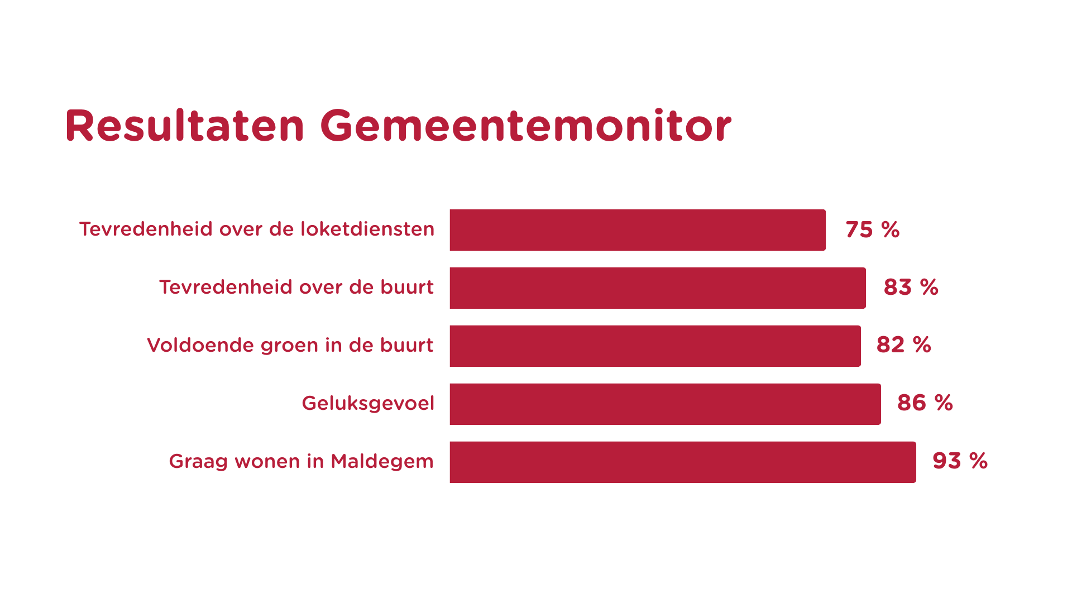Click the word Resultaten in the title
click(x=185, y=126)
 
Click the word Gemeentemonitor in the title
click(x=525, y=126)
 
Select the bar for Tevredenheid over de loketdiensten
click(x=638, y=230)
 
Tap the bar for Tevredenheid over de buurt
click(x=658, y=288)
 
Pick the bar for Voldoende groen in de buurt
click(x=655, y=346)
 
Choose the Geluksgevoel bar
click(x=666, y=404)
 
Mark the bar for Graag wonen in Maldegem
click(x=683, y=462)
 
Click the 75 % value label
click(x=872, y=230)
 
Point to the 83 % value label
click(x=911, y=288)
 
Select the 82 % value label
click(x=904, y=345)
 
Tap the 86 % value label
click(x=925, y=403)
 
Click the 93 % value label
click(x=960, y=461)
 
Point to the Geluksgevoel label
click(x=368, y=404)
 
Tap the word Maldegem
click(x=382, y=462)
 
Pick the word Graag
click(x=199, y=462)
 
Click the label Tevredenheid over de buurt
click(x=296, y=287)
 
